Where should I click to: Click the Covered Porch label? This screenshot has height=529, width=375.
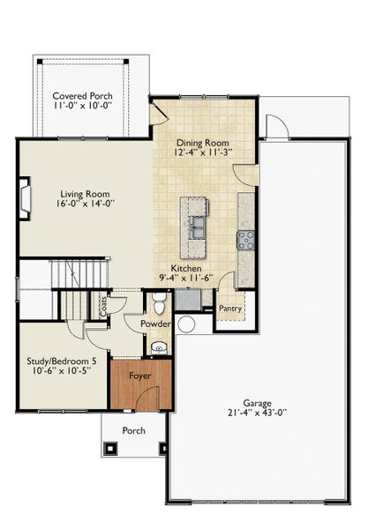(x=80, y=95)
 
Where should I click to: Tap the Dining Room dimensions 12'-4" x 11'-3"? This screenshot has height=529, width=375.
(x=204, y=153)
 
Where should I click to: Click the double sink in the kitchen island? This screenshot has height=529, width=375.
(x=196, y=227)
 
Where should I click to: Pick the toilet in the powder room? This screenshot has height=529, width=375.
(x=159, y=305)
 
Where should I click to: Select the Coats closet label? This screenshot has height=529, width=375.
(x=104, y=307)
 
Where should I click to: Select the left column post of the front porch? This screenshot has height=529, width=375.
(x=111, y=448)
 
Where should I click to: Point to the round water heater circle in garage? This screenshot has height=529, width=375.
(x=185, y=324)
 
